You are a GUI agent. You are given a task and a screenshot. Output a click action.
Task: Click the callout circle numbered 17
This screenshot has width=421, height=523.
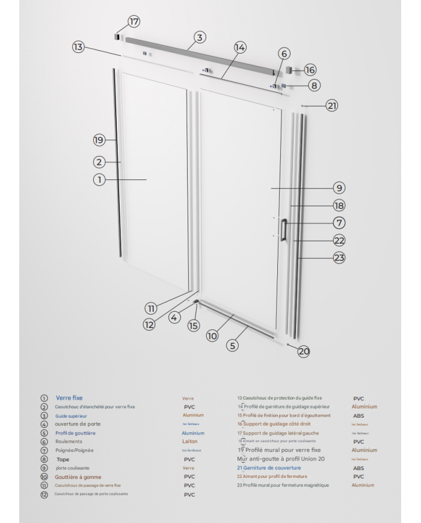[x=134, y=22]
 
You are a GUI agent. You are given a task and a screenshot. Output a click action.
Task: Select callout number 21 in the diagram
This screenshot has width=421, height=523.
[x=332, y=105]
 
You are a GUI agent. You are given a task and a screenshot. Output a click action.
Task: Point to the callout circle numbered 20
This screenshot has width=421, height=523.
[x=304, y=352]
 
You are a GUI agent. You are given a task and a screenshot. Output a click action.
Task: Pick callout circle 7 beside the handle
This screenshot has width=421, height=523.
[x=339, y=222]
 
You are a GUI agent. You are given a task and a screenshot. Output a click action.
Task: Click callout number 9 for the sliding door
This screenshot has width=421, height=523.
[x=339, y=188]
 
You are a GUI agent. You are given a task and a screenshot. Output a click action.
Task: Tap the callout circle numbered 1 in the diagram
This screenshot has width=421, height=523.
[x=99, y=179]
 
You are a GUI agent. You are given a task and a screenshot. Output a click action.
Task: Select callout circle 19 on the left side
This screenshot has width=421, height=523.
[x=99, y=140]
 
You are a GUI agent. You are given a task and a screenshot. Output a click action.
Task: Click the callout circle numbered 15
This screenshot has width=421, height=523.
[x=193, y=326]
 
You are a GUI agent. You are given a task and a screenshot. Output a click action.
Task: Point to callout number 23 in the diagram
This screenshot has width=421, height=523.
[x=339, y=258]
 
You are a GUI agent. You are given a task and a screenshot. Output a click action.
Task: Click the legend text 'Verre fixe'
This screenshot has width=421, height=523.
[x=69, y=398]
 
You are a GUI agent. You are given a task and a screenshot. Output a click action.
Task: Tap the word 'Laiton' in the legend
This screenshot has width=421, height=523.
[x=189, y=441]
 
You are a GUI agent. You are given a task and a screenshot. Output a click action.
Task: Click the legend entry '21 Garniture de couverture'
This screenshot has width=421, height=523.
[x=269, y=468]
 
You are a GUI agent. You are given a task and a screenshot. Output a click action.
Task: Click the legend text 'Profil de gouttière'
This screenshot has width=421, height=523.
[x=75, y=433]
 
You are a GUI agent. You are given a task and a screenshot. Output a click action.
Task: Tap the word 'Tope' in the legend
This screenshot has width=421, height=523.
[x=63, y=459]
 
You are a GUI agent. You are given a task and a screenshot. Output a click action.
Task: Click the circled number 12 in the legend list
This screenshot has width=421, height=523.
[x=44, y=495]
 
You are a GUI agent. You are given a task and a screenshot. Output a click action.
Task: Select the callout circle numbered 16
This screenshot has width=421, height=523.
[x=310, y=70]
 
